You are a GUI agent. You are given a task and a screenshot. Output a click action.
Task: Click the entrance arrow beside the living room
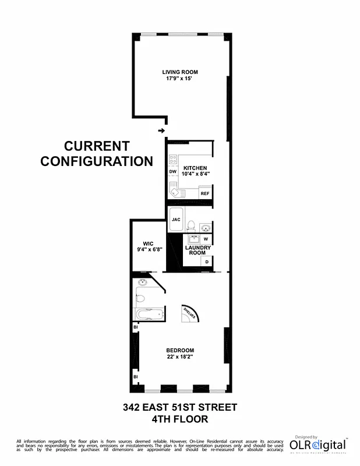pyautogui.click(x=161, y=130)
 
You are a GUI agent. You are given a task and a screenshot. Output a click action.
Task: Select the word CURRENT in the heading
pyautogui.click(x=97, y=147)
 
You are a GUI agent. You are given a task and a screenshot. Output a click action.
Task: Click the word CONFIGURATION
pyautogui.click(x=97, y=161)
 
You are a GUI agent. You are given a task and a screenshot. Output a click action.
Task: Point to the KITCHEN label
pyautogui.click(x=195, y=167)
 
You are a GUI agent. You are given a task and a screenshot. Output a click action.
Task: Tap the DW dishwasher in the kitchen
pyautogui.click(x=173, y=172)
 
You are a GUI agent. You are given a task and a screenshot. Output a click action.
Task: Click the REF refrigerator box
pyautogui.click(x=204, y=193)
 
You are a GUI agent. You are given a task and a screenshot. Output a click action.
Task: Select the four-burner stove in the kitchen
pyautogui.click(x=173, y=158)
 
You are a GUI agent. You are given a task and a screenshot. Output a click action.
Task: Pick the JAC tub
pyautogui.click(x=176, y=220)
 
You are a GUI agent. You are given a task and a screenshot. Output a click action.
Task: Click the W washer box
pyautogui.click(x=206, y=239)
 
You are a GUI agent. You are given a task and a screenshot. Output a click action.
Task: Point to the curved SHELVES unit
pyautogui.click(x=190, y=313)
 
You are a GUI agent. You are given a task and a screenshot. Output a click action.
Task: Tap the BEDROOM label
pyautogui.click(x=180, y=350)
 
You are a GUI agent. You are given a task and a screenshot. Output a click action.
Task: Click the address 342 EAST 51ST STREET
pyautogui.click(x=179, y=407)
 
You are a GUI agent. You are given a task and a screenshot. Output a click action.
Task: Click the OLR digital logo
pyautogui.click(x=318, y=446)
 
